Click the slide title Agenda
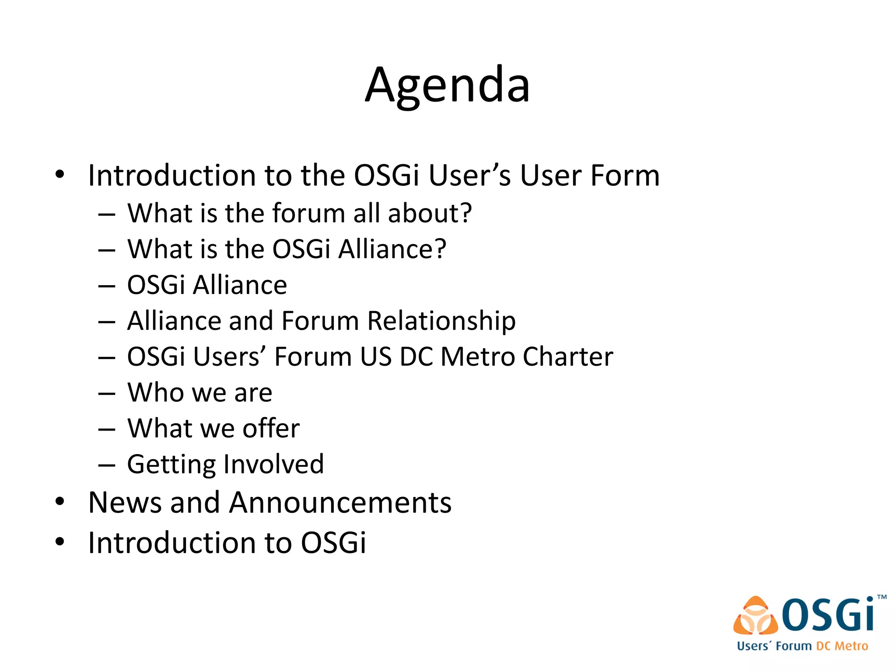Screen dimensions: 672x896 click(x=447, y=85)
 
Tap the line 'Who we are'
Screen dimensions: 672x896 click(x=199, y=392)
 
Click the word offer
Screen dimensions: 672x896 click(x=271, y=428)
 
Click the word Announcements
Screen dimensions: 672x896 click(x=340, y=503)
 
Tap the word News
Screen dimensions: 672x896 click(x=125, y=503)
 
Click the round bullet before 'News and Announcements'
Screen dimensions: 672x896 click(x=60, y=501)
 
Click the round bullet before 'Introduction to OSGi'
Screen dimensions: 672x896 click(x=60, y=542)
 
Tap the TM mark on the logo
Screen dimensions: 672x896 click(x=882, y=597)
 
